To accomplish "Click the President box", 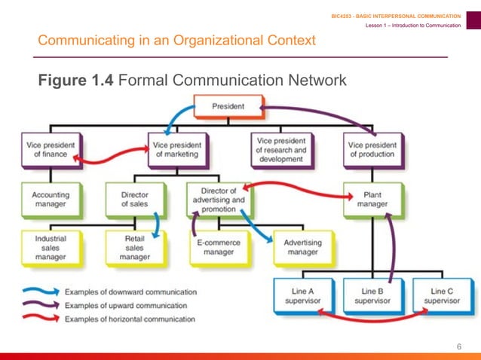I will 228,106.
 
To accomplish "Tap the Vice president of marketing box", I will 176,148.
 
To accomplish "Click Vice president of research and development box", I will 281,149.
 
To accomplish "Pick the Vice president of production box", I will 372,148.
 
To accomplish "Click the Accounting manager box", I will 50,199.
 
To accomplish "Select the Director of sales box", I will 134,199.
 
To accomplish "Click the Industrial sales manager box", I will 50,247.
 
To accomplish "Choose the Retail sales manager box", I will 134,247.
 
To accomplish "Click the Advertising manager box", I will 302,248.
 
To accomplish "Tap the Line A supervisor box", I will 302,296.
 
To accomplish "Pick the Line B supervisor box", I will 372,296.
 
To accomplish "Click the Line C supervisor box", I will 442,296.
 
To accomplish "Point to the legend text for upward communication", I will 126,305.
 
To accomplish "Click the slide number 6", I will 458,346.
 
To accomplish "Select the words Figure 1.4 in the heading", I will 76,80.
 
